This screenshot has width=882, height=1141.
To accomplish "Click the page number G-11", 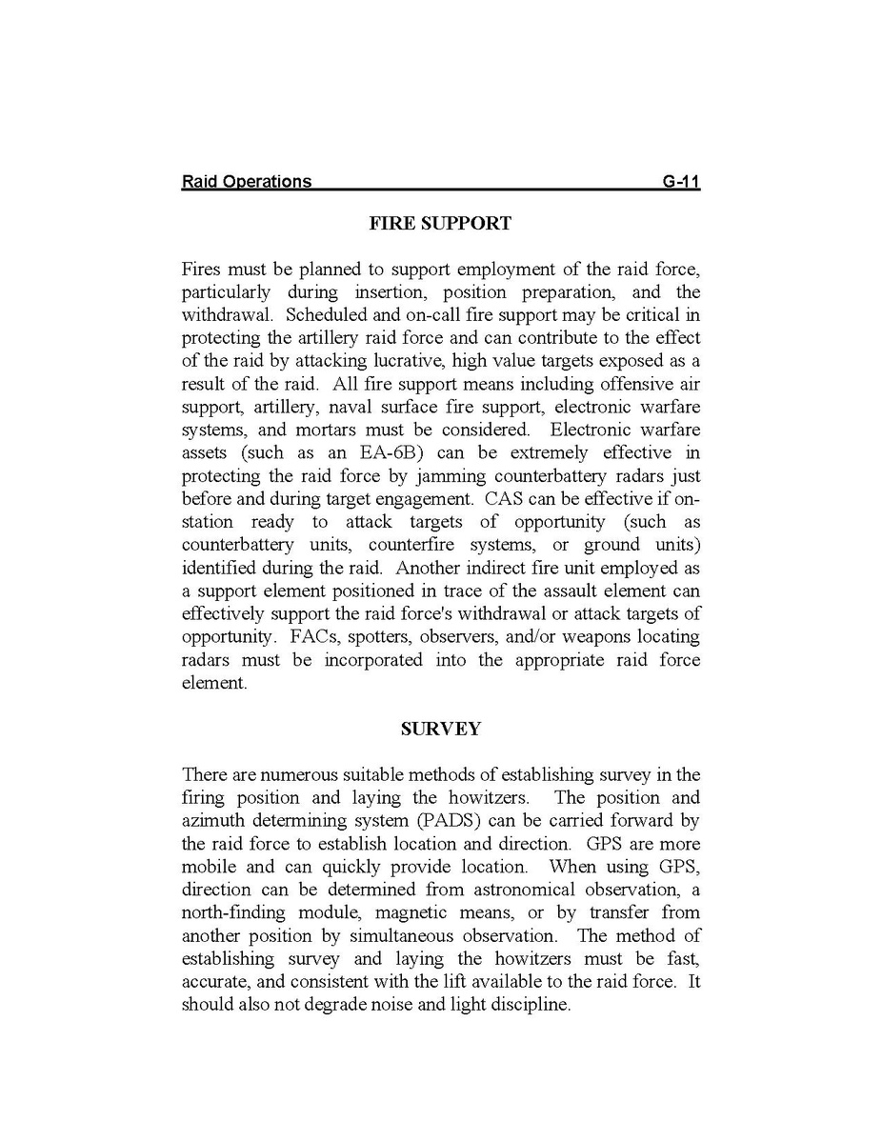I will pyautogui.click(x=681, y=181).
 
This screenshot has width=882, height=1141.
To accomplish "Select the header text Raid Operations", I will pyautogui.click(x=246, y=181).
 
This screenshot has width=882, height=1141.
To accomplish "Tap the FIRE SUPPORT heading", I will pyautogui.click(x=440, y=224).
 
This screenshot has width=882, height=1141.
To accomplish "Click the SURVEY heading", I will pyautogui.click(x=440, y=729).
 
